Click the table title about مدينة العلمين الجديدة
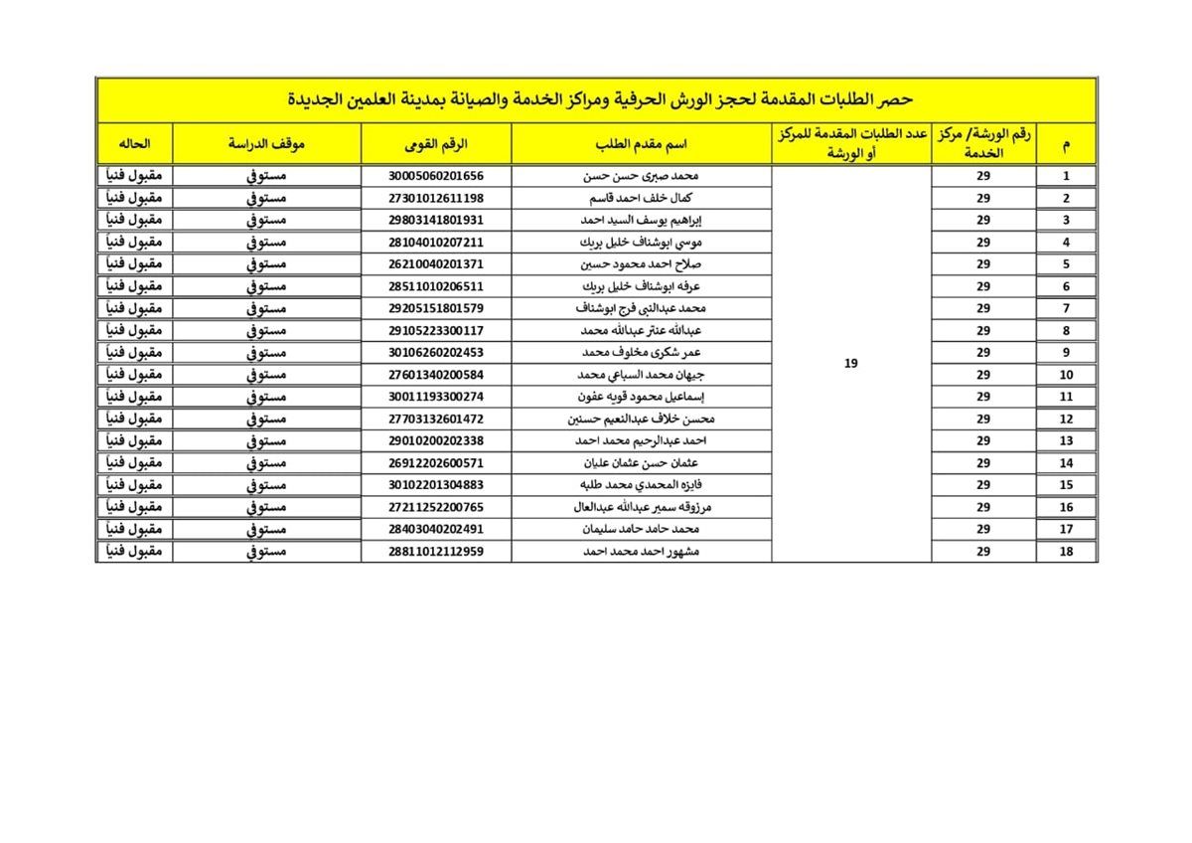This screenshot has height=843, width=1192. point(596,99)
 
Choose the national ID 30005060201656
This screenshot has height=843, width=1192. point(436,176)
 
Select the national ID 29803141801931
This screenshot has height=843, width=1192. point(436,220)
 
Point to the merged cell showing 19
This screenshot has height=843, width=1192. point(850,364)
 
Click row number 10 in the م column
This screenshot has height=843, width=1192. point(1067,375)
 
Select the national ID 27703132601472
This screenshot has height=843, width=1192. point(436,419)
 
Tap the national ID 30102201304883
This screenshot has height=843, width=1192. point(436,484)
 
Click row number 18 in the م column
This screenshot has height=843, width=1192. point(1067,551)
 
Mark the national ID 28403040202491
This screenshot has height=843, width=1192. point(436,529)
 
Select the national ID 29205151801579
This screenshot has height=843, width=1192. point(436,308)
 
